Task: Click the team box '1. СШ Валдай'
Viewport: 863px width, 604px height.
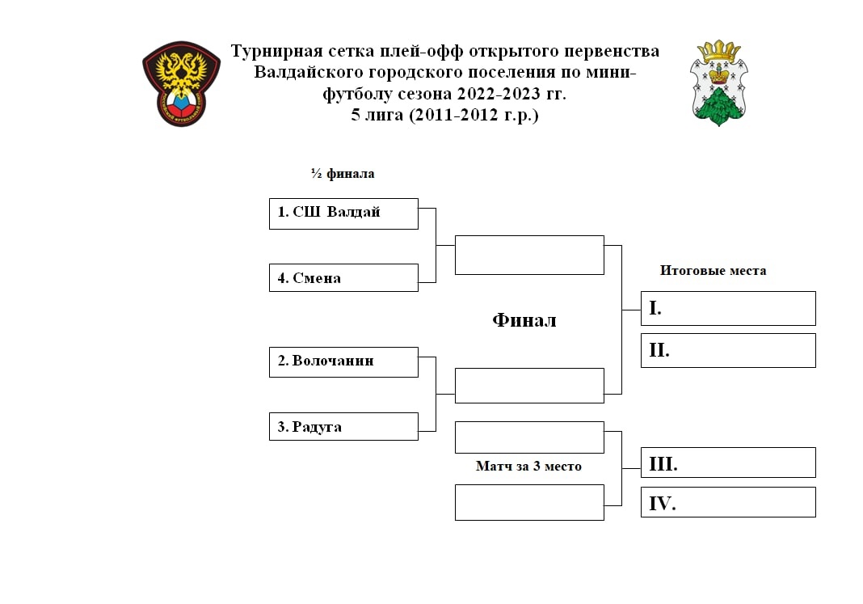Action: point(343,213)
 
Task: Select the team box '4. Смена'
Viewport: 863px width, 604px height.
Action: point(343,277)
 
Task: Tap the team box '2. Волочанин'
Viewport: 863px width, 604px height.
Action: point(343,361)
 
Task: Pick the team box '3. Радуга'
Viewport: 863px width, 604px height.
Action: point(343,426)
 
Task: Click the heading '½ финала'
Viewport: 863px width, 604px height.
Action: point(343,173)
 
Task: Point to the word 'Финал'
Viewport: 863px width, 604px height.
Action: point(524,320)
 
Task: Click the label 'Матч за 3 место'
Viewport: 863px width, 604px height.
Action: point(528,467)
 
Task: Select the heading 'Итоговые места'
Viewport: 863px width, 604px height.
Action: point(713,270)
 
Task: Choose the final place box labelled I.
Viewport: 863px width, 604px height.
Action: point(728,308)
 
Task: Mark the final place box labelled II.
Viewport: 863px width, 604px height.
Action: point(728,350)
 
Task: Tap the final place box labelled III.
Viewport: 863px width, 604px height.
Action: point(728,463)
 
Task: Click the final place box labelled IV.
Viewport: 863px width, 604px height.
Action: point(728,502)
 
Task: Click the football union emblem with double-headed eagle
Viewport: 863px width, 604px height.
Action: point(182,84)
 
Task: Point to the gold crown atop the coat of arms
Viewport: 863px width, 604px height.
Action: point(719,51)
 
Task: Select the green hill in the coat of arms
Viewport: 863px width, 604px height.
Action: point(719,106)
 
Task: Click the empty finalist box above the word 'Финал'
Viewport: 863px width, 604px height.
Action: point(529,255)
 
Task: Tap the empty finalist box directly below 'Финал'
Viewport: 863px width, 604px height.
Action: point(529,386)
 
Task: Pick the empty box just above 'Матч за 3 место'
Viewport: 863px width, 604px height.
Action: point(529,437)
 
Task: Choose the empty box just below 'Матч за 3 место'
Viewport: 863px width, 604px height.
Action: point(529,502)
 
